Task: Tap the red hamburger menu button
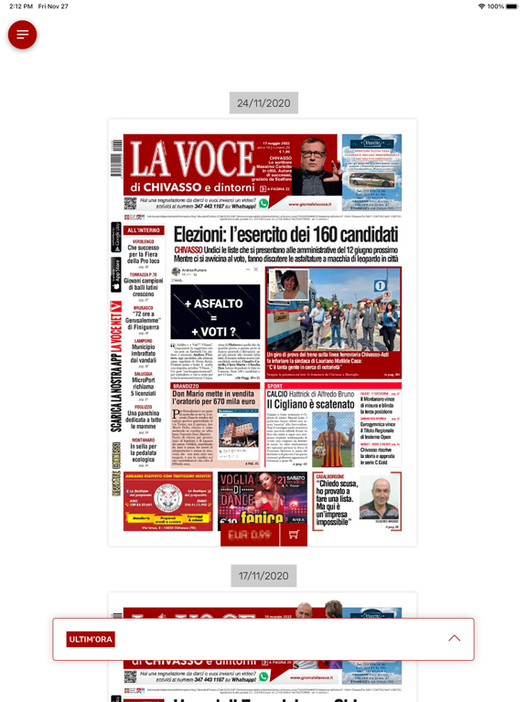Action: pyautogui.click(x=22, y=35)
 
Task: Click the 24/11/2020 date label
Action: pyautogui.click(x=263, y=103)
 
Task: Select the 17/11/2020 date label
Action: pyautogui.click(x=263, y=576)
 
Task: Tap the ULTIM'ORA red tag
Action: pyautogui.click(x=91, y=639)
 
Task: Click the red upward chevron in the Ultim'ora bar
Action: pyautogui.click(x=454, y=639)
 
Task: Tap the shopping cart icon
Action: pyautogui.click(x=293, y=535)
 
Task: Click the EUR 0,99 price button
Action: pyautogui.click(x=249, y=535)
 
